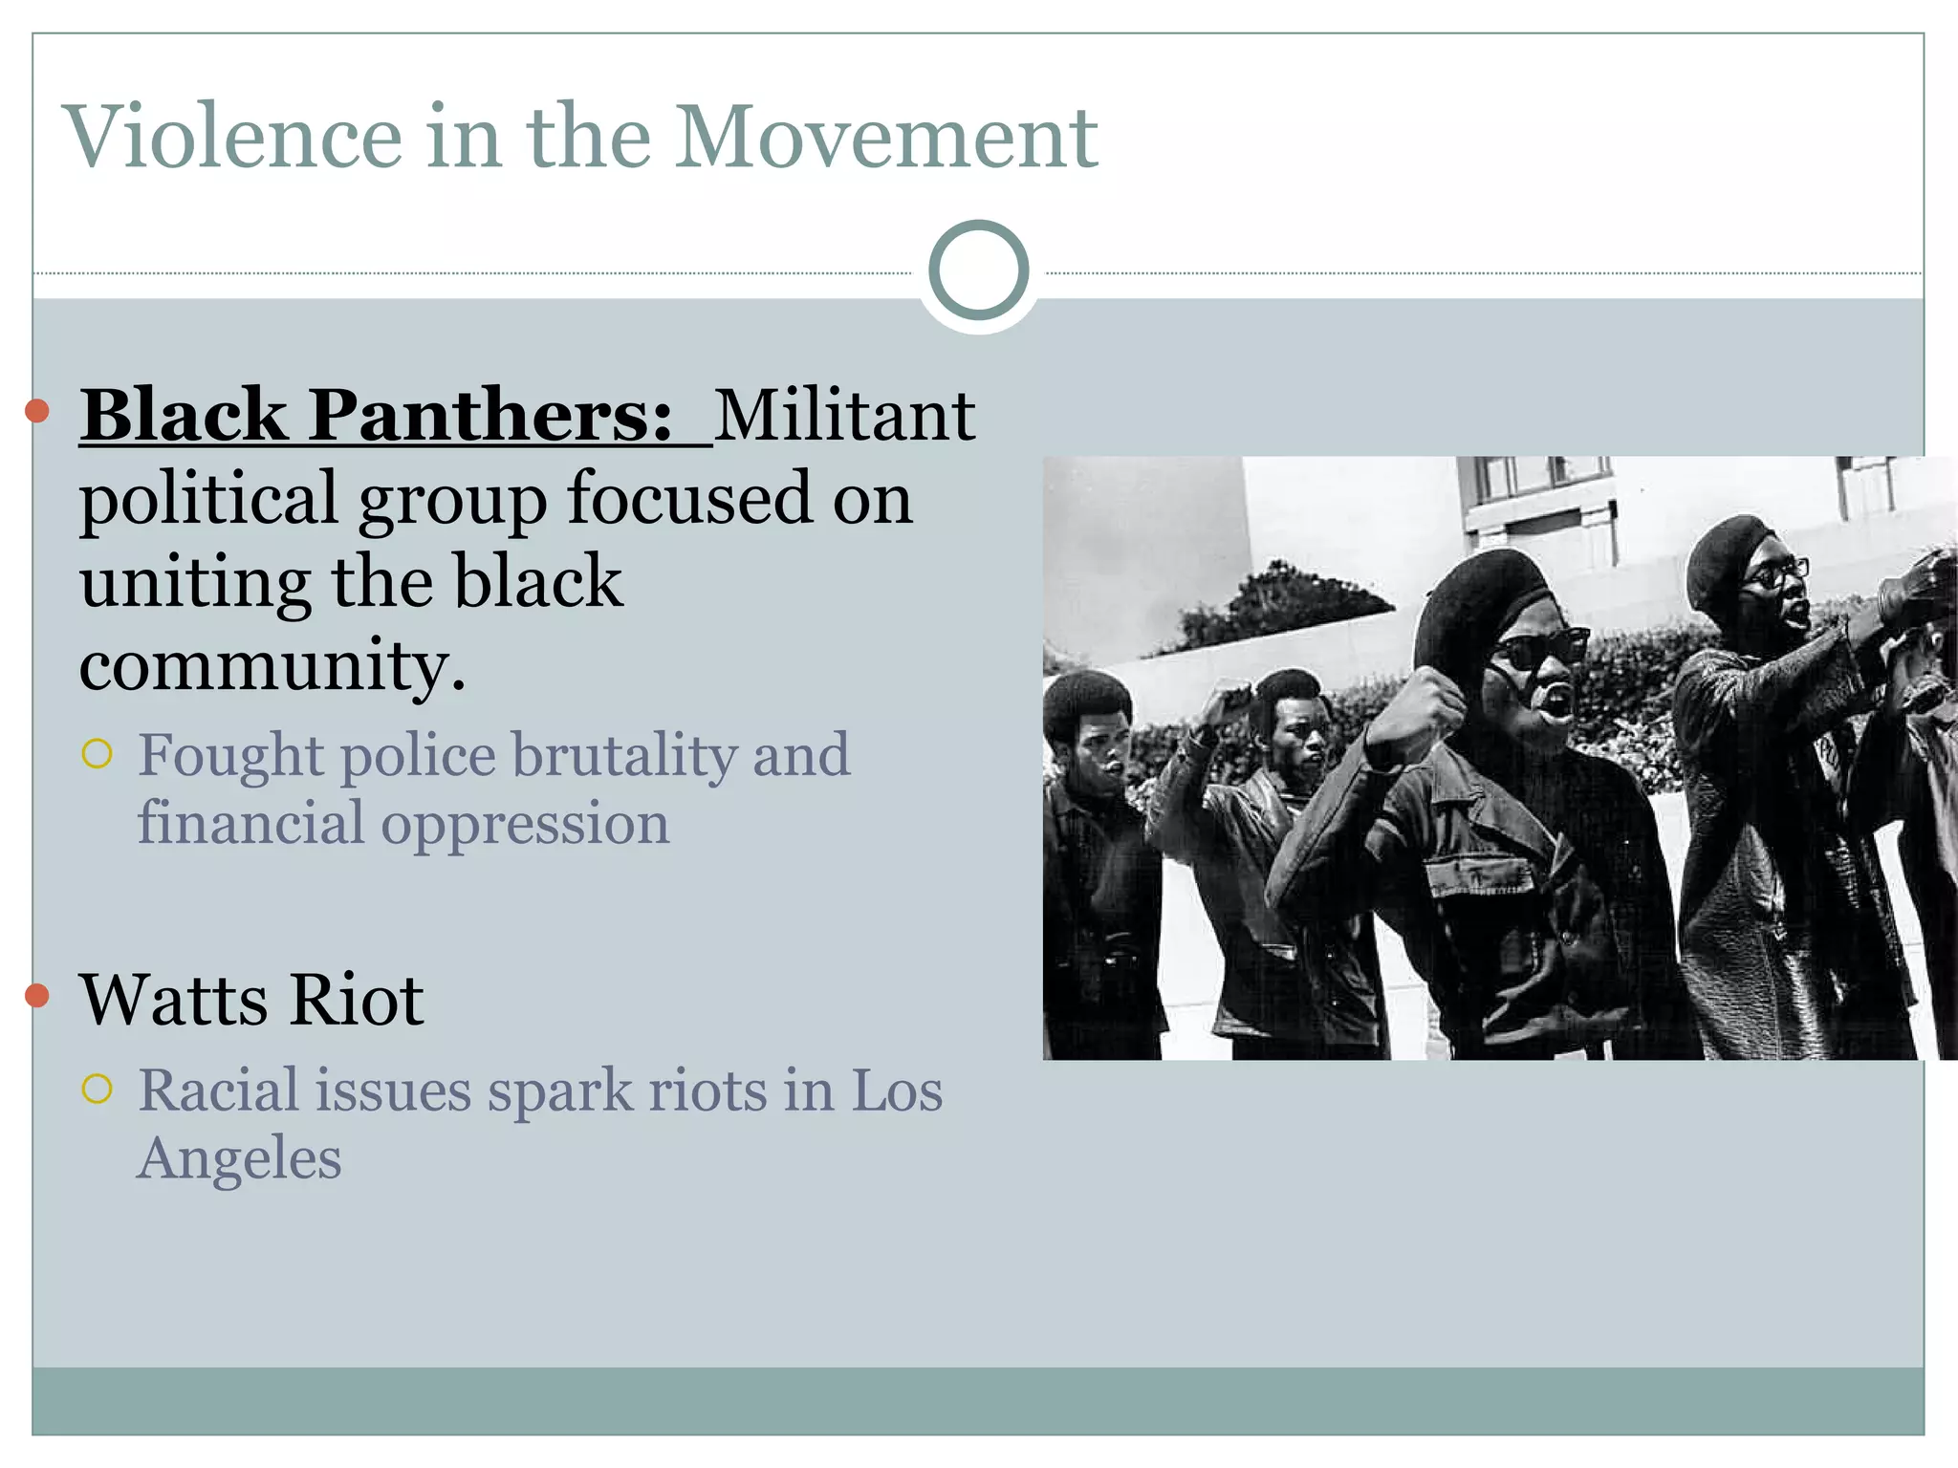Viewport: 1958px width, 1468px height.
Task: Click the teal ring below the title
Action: coord(978,270)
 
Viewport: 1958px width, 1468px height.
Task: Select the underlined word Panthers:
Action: coord(491,416)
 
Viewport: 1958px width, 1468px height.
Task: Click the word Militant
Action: coord(844,416)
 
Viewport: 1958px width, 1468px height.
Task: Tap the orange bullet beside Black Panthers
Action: coord(36,411)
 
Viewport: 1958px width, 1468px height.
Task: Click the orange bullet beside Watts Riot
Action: coord(36,995)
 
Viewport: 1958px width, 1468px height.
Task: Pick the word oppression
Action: coord(525,824)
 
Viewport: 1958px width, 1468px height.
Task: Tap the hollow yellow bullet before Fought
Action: coord(98,754)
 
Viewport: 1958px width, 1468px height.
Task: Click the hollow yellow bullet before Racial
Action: coord(98,1089)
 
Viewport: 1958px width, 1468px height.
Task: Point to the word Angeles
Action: coord(239,1158)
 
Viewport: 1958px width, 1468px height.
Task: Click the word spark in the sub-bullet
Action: coord(560,1090)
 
